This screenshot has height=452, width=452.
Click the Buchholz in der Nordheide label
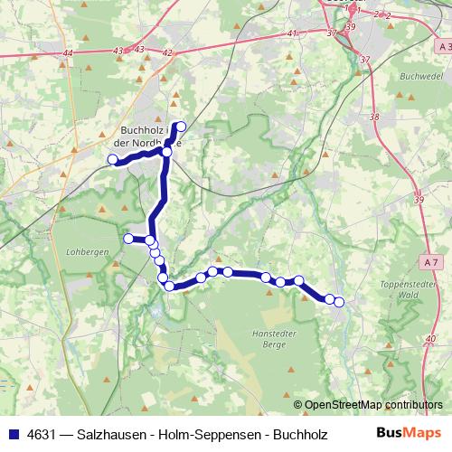coord(149,136)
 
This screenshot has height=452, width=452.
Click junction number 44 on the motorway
coord(70,54)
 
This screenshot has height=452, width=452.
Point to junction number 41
coord(291,33)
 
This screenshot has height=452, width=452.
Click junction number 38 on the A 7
coord(375,118)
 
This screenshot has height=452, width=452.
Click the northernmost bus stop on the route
coord(181,127)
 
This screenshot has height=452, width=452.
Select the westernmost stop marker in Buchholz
coord(114,160)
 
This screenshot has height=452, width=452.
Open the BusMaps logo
coord(410,432)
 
